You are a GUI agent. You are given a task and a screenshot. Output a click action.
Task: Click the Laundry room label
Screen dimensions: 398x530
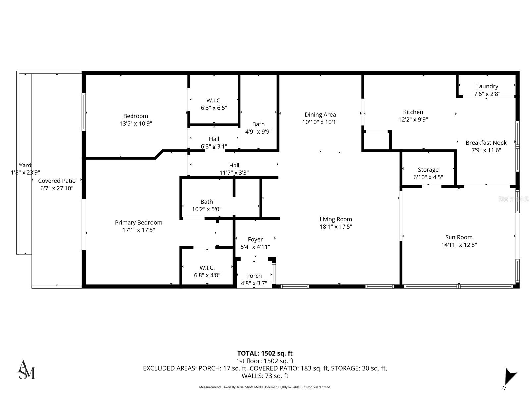click(x=487, y=86)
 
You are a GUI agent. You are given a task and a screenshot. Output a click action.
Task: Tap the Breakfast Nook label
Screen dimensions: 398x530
click(x=486, y=143)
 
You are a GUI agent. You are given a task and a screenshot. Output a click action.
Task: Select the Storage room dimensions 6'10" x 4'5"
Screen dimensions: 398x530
click(x=428, y=177)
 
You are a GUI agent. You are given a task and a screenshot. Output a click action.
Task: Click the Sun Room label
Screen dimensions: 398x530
click(x=459, y=237)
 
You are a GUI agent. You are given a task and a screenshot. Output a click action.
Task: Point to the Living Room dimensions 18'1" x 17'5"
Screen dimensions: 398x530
click(x=336, y=227)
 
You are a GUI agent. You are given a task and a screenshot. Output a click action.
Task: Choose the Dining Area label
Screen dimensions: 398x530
click(x=320, y=115)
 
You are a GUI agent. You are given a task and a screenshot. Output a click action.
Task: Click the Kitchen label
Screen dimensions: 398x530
click(x=413, y=112)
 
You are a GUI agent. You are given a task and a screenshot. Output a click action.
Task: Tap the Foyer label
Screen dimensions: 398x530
click(x=255, y=239)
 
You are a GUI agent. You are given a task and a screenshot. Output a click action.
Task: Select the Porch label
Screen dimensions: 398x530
click(x=254, y=276)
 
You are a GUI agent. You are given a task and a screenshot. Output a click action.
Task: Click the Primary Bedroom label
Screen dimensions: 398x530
click(x=138, y=223)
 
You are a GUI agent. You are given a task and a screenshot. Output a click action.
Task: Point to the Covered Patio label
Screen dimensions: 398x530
click(x=57, y=181)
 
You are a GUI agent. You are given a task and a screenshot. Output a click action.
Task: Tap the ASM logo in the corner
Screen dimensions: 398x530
click(x=26, y=369)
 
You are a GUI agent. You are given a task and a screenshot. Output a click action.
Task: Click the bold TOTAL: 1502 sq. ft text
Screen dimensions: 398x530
click(x=265, y=353)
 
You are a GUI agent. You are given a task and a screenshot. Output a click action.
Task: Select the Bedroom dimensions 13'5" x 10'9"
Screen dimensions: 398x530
click(x=135, y=124)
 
